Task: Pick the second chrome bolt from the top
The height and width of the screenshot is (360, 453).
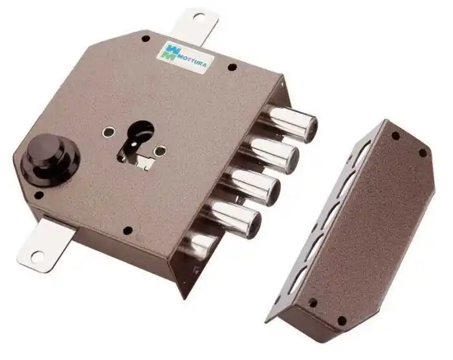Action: tap(271, 154)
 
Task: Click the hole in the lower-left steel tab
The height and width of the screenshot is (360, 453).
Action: tap(37, 256)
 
